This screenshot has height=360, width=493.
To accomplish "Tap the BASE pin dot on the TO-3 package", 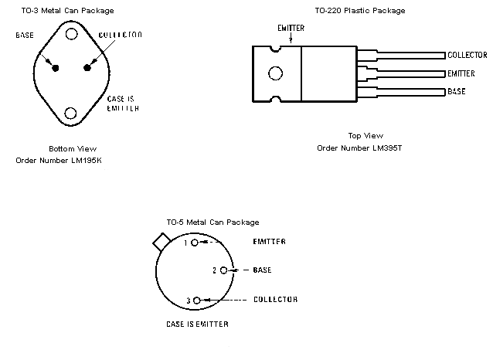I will coord(56,68).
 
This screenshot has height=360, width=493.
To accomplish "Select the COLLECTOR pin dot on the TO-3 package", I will coord(87,68).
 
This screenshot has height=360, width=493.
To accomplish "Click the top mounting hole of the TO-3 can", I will coord(71,34).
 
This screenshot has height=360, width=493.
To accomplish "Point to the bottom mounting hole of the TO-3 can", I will coord(71,114).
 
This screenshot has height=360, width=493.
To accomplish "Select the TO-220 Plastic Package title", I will coord(359,11).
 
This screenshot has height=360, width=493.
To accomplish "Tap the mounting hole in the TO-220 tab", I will coord(275,74).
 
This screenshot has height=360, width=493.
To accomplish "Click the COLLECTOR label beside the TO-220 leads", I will coord(467,56).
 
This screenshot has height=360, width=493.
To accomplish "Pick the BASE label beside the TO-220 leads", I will coord(457,92).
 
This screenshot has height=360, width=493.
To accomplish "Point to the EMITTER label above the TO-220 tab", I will coord(291,29).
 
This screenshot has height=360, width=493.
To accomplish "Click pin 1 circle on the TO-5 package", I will coord(195,242).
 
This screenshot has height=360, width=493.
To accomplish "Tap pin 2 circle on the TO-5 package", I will coord(223,270).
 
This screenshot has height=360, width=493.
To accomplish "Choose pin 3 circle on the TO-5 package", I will coord(197,300).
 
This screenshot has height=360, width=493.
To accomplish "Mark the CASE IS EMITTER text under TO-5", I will coord(197,324).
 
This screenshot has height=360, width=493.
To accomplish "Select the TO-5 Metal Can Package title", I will coord(212,222).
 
